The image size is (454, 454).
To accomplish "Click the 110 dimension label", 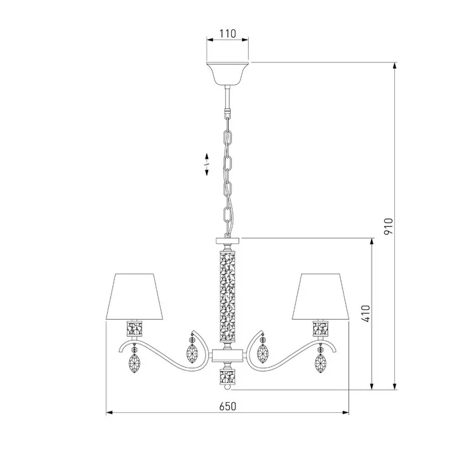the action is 227,34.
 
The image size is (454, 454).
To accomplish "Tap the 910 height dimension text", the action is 388,227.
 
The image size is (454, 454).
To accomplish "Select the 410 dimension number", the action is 366,314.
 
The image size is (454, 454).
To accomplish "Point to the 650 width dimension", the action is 227,406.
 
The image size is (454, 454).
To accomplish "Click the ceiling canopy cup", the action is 227,73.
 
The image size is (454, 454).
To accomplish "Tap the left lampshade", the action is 134,296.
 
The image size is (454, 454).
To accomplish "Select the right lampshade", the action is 321,296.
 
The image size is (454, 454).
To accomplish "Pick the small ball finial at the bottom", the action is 227,387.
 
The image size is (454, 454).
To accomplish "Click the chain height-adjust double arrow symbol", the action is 207,164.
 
